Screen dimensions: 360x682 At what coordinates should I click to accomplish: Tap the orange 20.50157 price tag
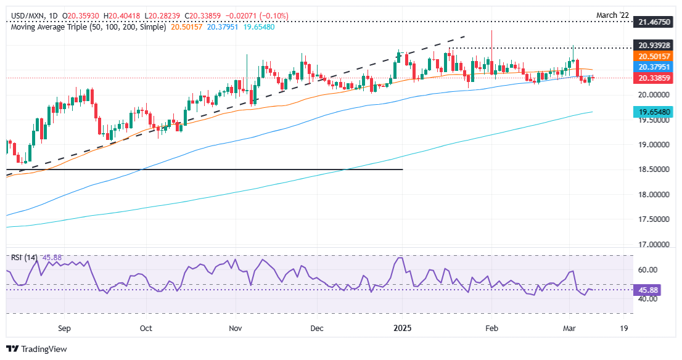[x=653, y=56]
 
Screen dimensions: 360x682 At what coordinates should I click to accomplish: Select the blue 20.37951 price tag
[x=653, y=67]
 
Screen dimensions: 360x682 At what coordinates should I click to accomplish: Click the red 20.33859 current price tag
[x=653, y=78]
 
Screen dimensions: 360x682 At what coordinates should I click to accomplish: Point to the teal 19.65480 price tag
[x=653, y=112]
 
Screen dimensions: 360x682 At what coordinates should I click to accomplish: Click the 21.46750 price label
[x=653, y=22]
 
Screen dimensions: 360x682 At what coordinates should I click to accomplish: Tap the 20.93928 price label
[x=653, y=45]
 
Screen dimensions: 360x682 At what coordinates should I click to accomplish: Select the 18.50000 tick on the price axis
[x=653, y=170]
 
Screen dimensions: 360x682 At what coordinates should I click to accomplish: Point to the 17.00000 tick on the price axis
[x=653, y=245]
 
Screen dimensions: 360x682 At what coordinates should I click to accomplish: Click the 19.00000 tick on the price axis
[x=653, y=145]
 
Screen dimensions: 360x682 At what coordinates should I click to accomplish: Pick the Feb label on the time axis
[x=491, y=329]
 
